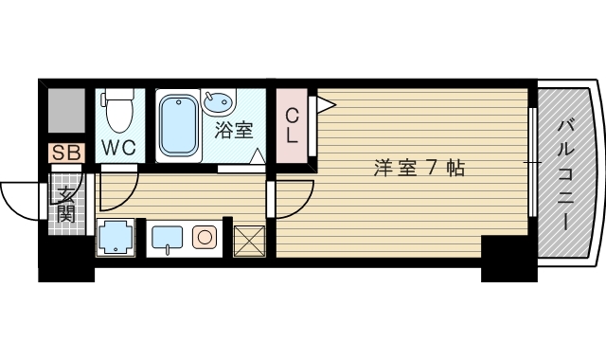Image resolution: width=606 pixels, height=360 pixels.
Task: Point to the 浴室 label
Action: tap(234, 130)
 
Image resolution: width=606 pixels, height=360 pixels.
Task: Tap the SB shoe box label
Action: tap(67, 152)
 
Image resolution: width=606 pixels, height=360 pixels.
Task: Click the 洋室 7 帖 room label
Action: tap(418, 169)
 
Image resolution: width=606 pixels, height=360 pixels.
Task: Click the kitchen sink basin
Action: tap(167, 237)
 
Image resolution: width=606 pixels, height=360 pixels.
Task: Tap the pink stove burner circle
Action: tap(205, 237)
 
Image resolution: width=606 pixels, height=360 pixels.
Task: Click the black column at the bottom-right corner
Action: tap(508, 259)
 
